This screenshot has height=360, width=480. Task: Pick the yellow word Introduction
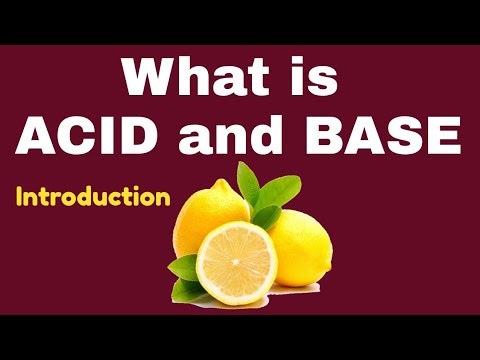pos(92,197)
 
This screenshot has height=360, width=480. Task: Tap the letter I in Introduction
pos(20,197)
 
